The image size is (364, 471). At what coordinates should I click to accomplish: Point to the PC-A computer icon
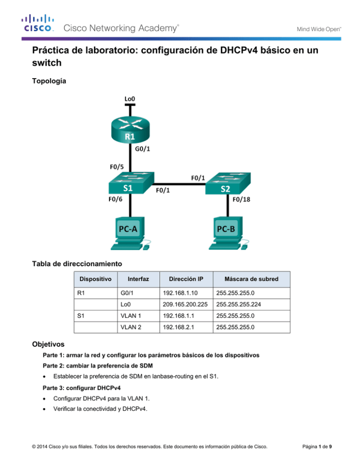(128, 233)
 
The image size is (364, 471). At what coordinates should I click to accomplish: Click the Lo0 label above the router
(129, 99)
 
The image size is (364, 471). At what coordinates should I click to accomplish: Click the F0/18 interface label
(242, 199)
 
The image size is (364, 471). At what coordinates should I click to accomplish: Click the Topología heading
(49, 81)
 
